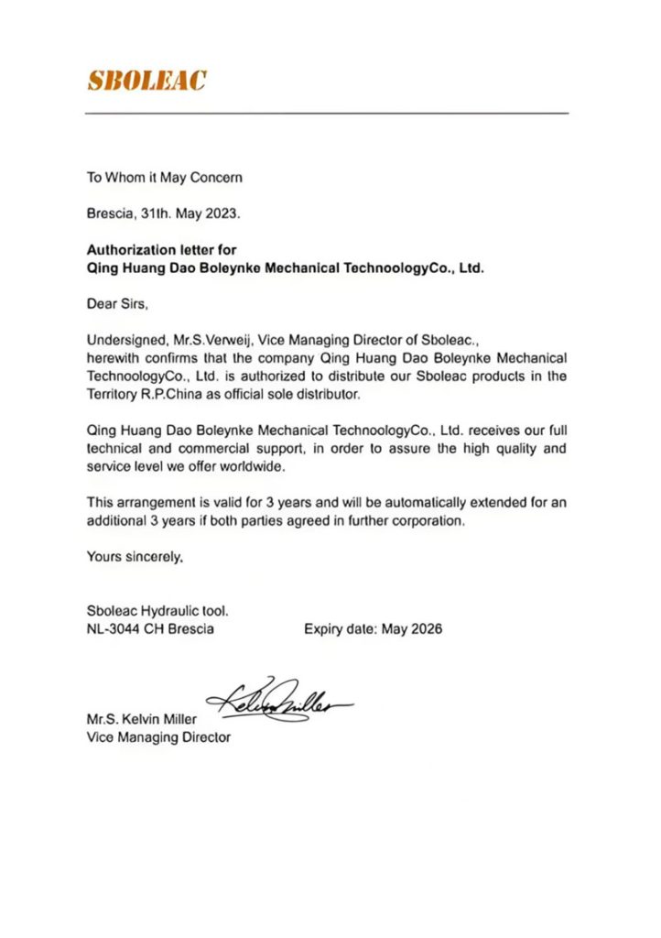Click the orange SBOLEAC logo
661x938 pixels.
coord(146,81)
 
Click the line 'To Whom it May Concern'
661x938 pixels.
coord(164,178)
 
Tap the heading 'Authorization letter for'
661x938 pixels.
coord(161,249)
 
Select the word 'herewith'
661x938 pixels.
coord(112,357)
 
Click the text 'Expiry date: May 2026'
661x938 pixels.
coord(373,629)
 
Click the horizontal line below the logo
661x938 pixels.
coord(327,113)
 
